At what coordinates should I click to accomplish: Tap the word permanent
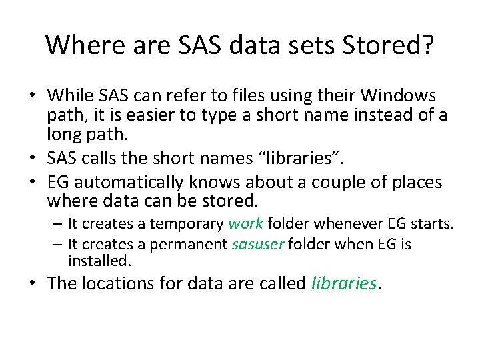tap(189, 245)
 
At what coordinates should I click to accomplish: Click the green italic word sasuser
tap(258, 245)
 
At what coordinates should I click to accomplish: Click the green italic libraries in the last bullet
tap(344, 283)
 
